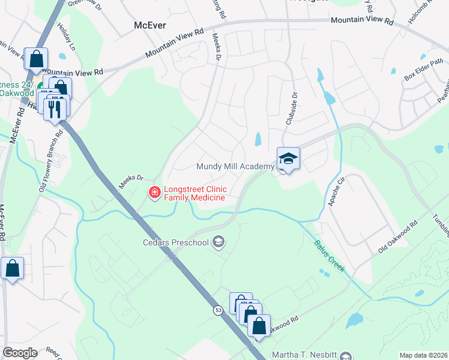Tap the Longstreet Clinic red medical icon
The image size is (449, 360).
154,192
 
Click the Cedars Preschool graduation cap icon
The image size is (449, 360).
218,242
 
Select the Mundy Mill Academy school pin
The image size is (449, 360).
288,159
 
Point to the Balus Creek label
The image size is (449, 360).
330,256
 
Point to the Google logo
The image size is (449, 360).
20,352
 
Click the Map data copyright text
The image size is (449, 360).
423,355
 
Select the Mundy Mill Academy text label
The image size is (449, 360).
235,166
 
